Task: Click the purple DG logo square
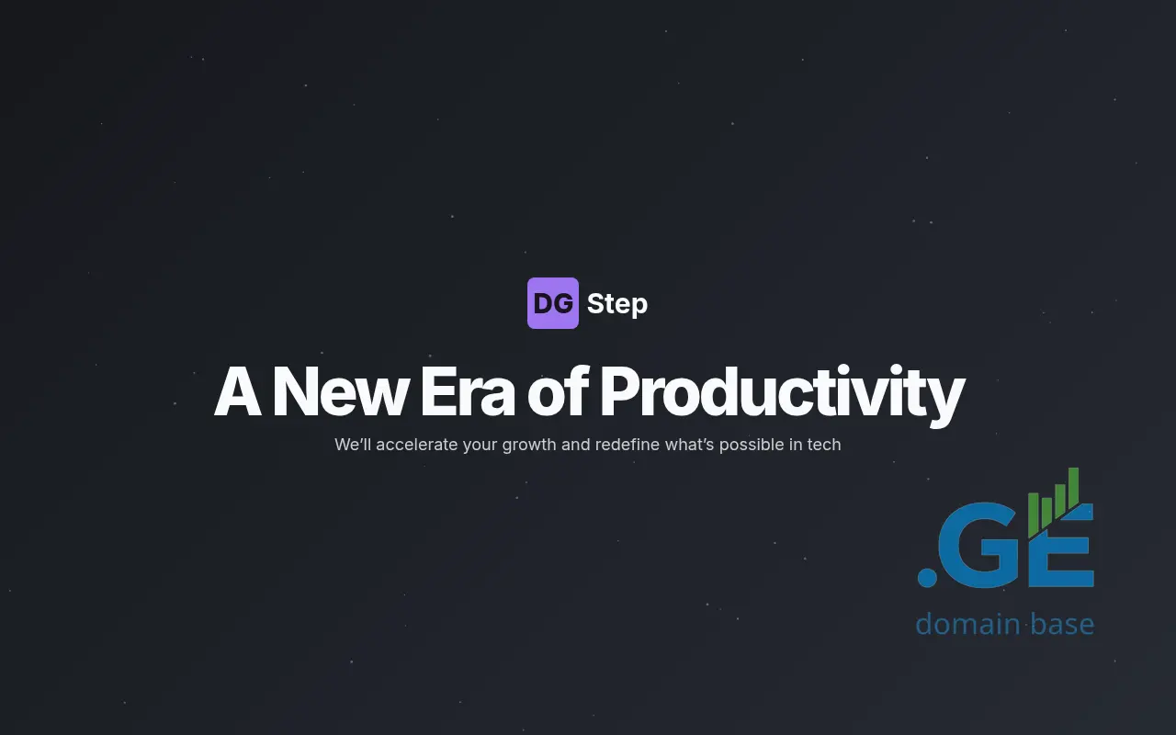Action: [553, 303]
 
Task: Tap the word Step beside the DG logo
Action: [617, 304]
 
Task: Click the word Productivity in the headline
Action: [782, 394]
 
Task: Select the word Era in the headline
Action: [468, 392]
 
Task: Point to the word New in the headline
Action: [341, 392]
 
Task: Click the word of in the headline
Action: [558, 391]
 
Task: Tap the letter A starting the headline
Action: [238, 391]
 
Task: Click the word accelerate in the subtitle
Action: [417, 445]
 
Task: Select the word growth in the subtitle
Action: [529, 446]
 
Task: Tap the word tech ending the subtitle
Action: [824, 445]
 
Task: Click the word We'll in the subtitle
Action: [353, 445]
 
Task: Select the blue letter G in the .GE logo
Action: [982, 545]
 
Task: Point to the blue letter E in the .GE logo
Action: [1061, 546]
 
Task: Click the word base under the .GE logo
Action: [1063, 625]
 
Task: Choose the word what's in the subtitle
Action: [689, 445]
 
